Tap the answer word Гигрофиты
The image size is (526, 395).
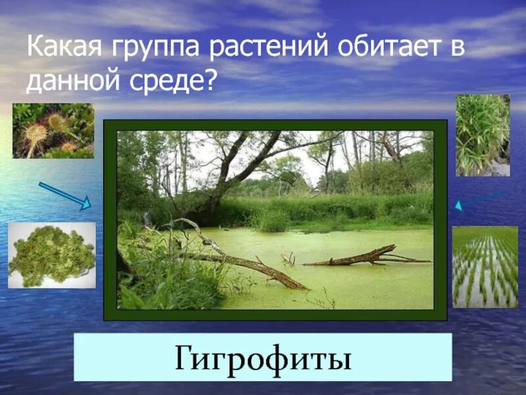(262, 359)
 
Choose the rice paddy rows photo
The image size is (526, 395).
(485, 266)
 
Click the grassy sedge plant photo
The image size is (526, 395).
(483, 134)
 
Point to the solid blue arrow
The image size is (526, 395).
(64, 196)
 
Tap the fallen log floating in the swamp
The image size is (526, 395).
(365, 257)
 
